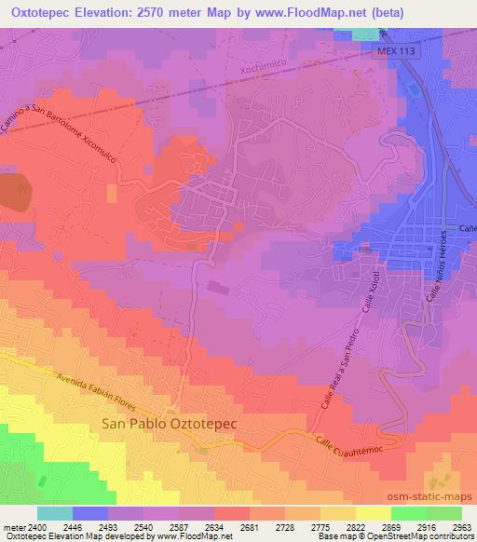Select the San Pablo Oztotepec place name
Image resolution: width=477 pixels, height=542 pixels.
[169, 423]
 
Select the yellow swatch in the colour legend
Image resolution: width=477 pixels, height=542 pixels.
[373, 513]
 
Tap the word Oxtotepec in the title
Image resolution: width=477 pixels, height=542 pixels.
[45, 12]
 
